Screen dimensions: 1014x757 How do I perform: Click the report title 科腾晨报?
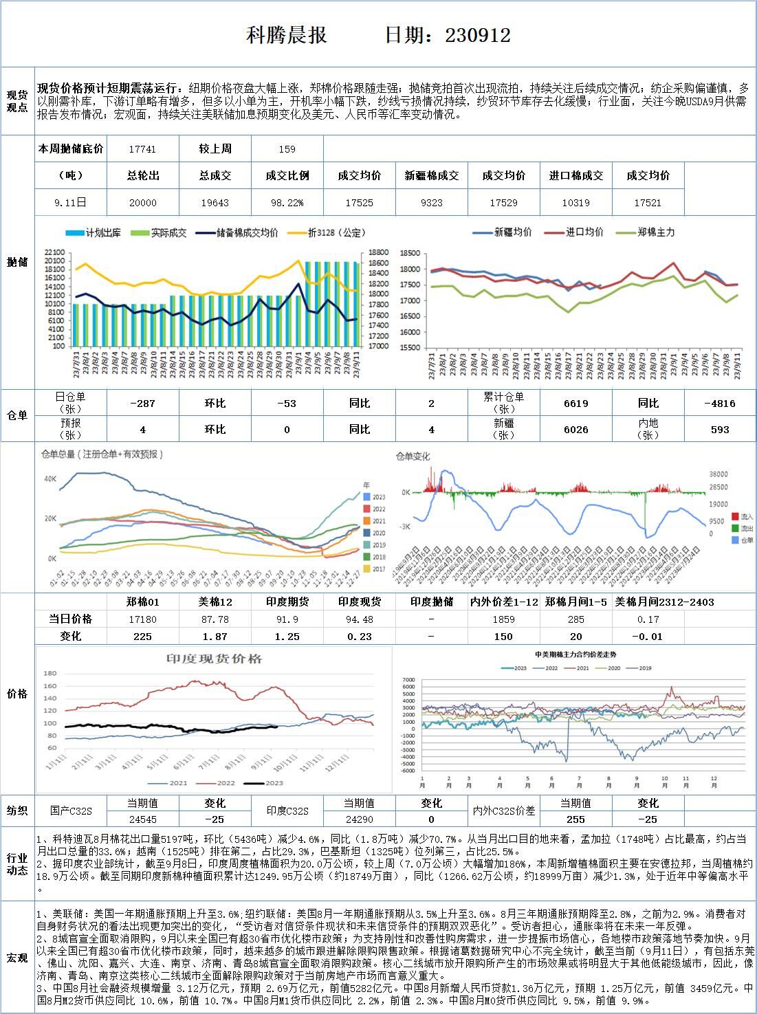(x=287, y=35)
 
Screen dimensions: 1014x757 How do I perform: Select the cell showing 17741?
(x=142, y=148)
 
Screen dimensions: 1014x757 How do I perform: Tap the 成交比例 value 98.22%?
(x=287, y=202)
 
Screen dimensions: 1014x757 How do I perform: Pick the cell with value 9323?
(x=431, y=202)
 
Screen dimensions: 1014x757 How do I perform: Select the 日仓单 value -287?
(x=142, y=404)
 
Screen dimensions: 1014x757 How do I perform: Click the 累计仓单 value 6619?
(x=575, y=404)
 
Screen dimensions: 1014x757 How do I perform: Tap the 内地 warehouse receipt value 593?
(x=720, y=430)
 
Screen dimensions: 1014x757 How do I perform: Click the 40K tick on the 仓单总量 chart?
(x=50, y=478)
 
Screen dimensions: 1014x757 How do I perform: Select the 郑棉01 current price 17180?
(x=142, y=619)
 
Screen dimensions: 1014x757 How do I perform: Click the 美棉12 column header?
(x=215, y=602)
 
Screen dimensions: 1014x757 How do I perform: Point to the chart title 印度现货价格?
(x=214, y=659)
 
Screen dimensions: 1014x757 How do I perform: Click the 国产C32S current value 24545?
(x=142, y=819)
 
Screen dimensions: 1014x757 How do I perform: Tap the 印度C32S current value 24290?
(x=359, y=819)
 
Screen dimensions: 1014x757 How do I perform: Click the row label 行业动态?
(x=17, y=864)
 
